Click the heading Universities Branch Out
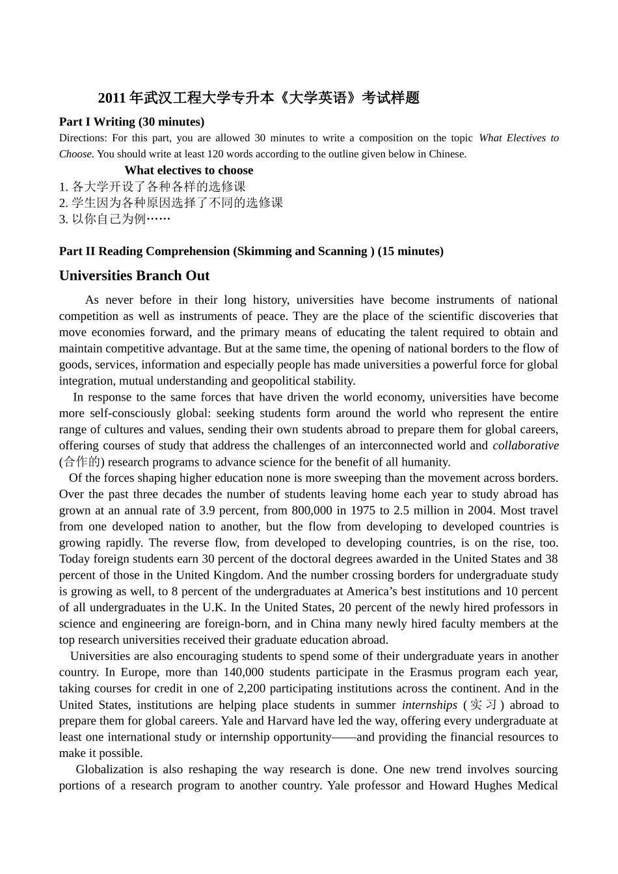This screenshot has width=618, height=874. click(134, 276)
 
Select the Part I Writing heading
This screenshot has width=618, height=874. click(131, 122)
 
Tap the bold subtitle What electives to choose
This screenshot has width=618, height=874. click(189, 170)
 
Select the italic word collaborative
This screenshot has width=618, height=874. click(525, 446)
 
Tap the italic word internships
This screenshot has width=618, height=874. click(429, 705)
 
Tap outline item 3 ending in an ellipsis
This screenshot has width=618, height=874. click(114, 219)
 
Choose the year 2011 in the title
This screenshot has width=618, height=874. click(111, 98)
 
